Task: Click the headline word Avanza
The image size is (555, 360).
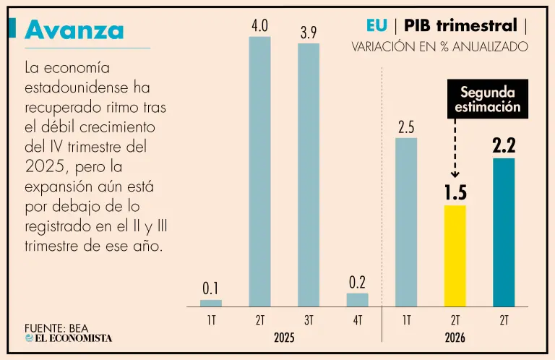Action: [74, 30]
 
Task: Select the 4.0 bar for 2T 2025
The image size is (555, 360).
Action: [260, 171]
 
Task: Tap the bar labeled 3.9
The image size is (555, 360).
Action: [309, 175]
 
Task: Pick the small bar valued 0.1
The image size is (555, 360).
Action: [211, 303]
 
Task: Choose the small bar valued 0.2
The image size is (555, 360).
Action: [358, 300]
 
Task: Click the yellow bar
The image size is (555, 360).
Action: [455, 256]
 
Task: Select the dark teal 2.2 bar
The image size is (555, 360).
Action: [504, 232]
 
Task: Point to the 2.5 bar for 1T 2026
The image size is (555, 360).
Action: [406, 223]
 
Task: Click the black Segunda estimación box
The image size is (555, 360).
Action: [488, 99]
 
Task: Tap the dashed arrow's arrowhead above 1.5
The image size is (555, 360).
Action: [455, 174]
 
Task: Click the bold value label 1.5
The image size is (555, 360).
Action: [455, 193]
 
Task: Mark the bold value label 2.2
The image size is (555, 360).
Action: [504, 145]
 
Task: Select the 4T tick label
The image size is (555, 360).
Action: [358, 320]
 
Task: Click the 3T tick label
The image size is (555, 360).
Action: [309, 320]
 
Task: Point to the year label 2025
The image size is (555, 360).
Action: [284, 338]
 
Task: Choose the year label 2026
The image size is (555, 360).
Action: [455, 338]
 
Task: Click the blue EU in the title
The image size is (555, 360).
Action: [377, 25]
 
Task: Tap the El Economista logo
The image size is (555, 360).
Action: [69, 338]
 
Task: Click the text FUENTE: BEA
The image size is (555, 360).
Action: [56, 328]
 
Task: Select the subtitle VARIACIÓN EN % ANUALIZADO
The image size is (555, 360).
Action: [440, 47]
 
